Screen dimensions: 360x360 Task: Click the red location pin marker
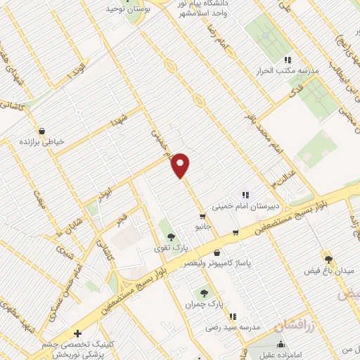[181, 165]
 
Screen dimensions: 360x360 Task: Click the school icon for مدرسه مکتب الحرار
[287, 60]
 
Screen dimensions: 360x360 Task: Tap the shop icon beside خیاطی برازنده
[41, 131]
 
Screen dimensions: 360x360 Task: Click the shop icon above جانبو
[202, 217]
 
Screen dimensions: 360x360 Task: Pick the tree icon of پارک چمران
[205, 292]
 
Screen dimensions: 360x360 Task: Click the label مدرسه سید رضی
[233, 327]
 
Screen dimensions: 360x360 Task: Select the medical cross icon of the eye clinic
[77, 333]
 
